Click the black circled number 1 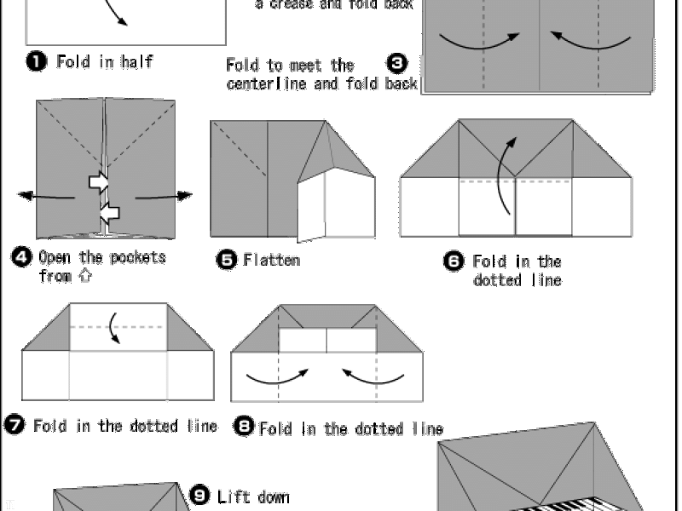click(37, 60)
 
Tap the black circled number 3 click(397, 63)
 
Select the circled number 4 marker click(22, 257)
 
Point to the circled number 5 click(227, 260)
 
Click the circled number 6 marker click(454, 261)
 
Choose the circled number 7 click(14, 424)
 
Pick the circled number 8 click(244, 426)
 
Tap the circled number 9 click(200, 496)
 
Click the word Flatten click(272, 260)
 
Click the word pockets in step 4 click(138, 258)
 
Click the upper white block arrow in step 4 click(99, 181)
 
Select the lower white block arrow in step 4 click(110, 213)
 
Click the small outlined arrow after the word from click(86, 275)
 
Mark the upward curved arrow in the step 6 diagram click(500, 174)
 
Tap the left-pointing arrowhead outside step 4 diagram click(26, 196)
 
